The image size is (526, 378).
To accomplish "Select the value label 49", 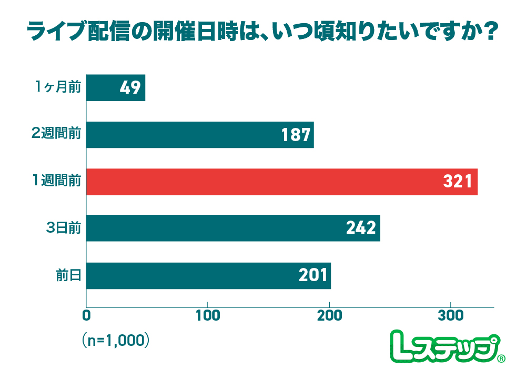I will click(130, 88).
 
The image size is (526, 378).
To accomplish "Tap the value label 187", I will click(296, 135).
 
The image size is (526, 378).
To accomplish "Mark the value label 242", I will click(361, 228).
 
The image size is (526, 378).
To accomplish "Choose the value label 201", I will click(313, 275).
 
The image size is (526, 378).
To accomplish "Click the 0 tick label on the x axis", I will click(86, 317).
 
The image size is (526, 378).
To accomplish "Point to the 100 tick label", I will click(207, 317).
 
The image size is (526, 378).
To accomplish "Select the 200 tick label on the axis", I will click(329, 317).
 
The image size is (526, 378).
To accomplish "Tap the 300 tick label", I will click(451, 317).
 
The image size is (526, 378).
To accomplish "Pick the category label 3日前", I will click(63, 228).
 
